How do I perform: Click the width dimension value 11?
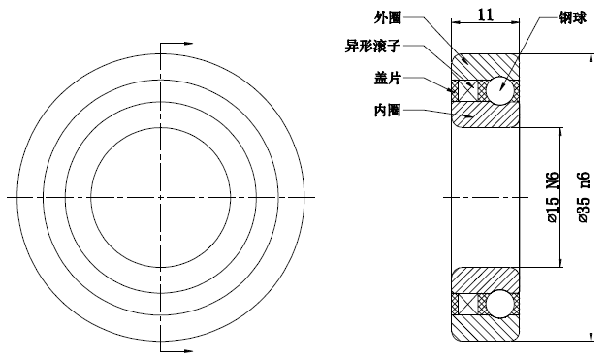pyautogui.click(x=486, y=15)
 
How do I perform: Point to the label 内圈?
pyautogui.click(x=387, y=110)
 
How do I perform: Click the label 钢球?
pyautogui.click(x=571, y=17)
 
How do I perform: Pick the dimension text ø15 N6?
pyautogui.click(x=552, y=198)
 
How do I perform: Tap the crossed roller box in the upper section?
pyautogui.click(x=468, y=88)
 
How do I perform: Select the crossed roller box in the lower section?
pyautogui.click(x=468, y=303)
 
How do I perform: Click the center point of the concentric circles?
pyautogui.click(x=160, y=197)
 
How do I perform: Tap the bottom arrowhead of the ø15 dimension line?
pyautogui.click(x=562, y=263)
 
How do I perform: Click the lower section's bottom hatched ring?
pyautogui.click(x=486, y=327)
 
